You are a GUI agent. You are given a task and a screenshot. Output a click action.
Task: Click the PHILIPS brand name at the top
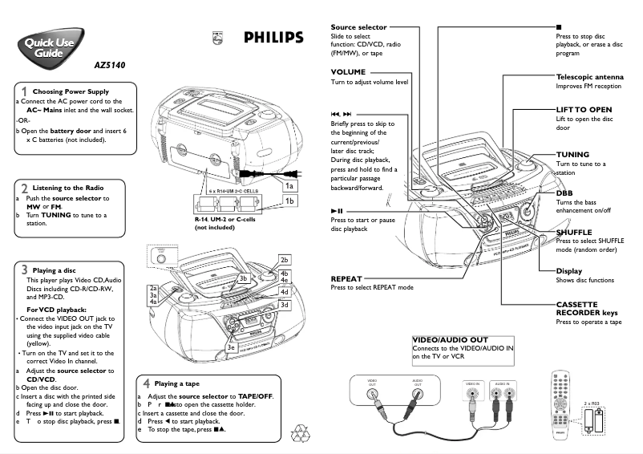pyautogui.click(x=273, y=38)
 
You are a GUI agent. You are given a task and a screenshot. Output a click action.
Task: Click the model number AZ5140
pyautogui.click(x=110, y=65)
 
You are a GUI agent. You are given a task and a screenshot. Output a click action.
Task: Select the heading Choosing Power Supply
pyautogui.click(x=71, y=91)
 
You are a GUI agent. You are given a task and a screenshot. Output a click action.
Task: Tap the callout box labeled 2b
pyautogui.click(x=284, y=260)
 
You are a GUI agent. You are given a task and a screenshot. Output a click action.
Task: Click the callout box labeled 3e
pyautogui.click(x=231, y=347)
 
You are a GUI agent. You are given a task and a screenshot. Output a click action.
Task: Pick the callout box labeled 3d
pyautogui.click(x=284, y=306)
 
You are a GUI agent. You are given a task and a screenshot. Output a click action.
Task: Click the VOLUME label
pyautogui.click(x=348, y=72)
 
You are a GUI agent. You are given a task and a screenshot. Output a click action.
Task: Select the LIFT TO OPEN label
pyautogui.click(x=584, y=109)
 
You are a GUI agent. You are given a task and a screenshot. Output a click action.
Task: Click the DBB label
pyautogui.click(x=564, y=193)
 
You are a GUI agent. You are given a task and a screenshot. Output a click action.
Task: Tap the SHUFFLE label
pyautogui.click(x=574, y=232)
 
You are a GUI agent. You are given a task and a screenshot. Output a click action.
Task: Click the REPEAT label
pyautogui.click(x=346, y=278)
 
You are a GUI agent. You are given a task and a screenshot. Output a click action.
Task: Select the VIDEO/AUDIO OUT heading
pyautogui.click(x=450, y=340)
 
